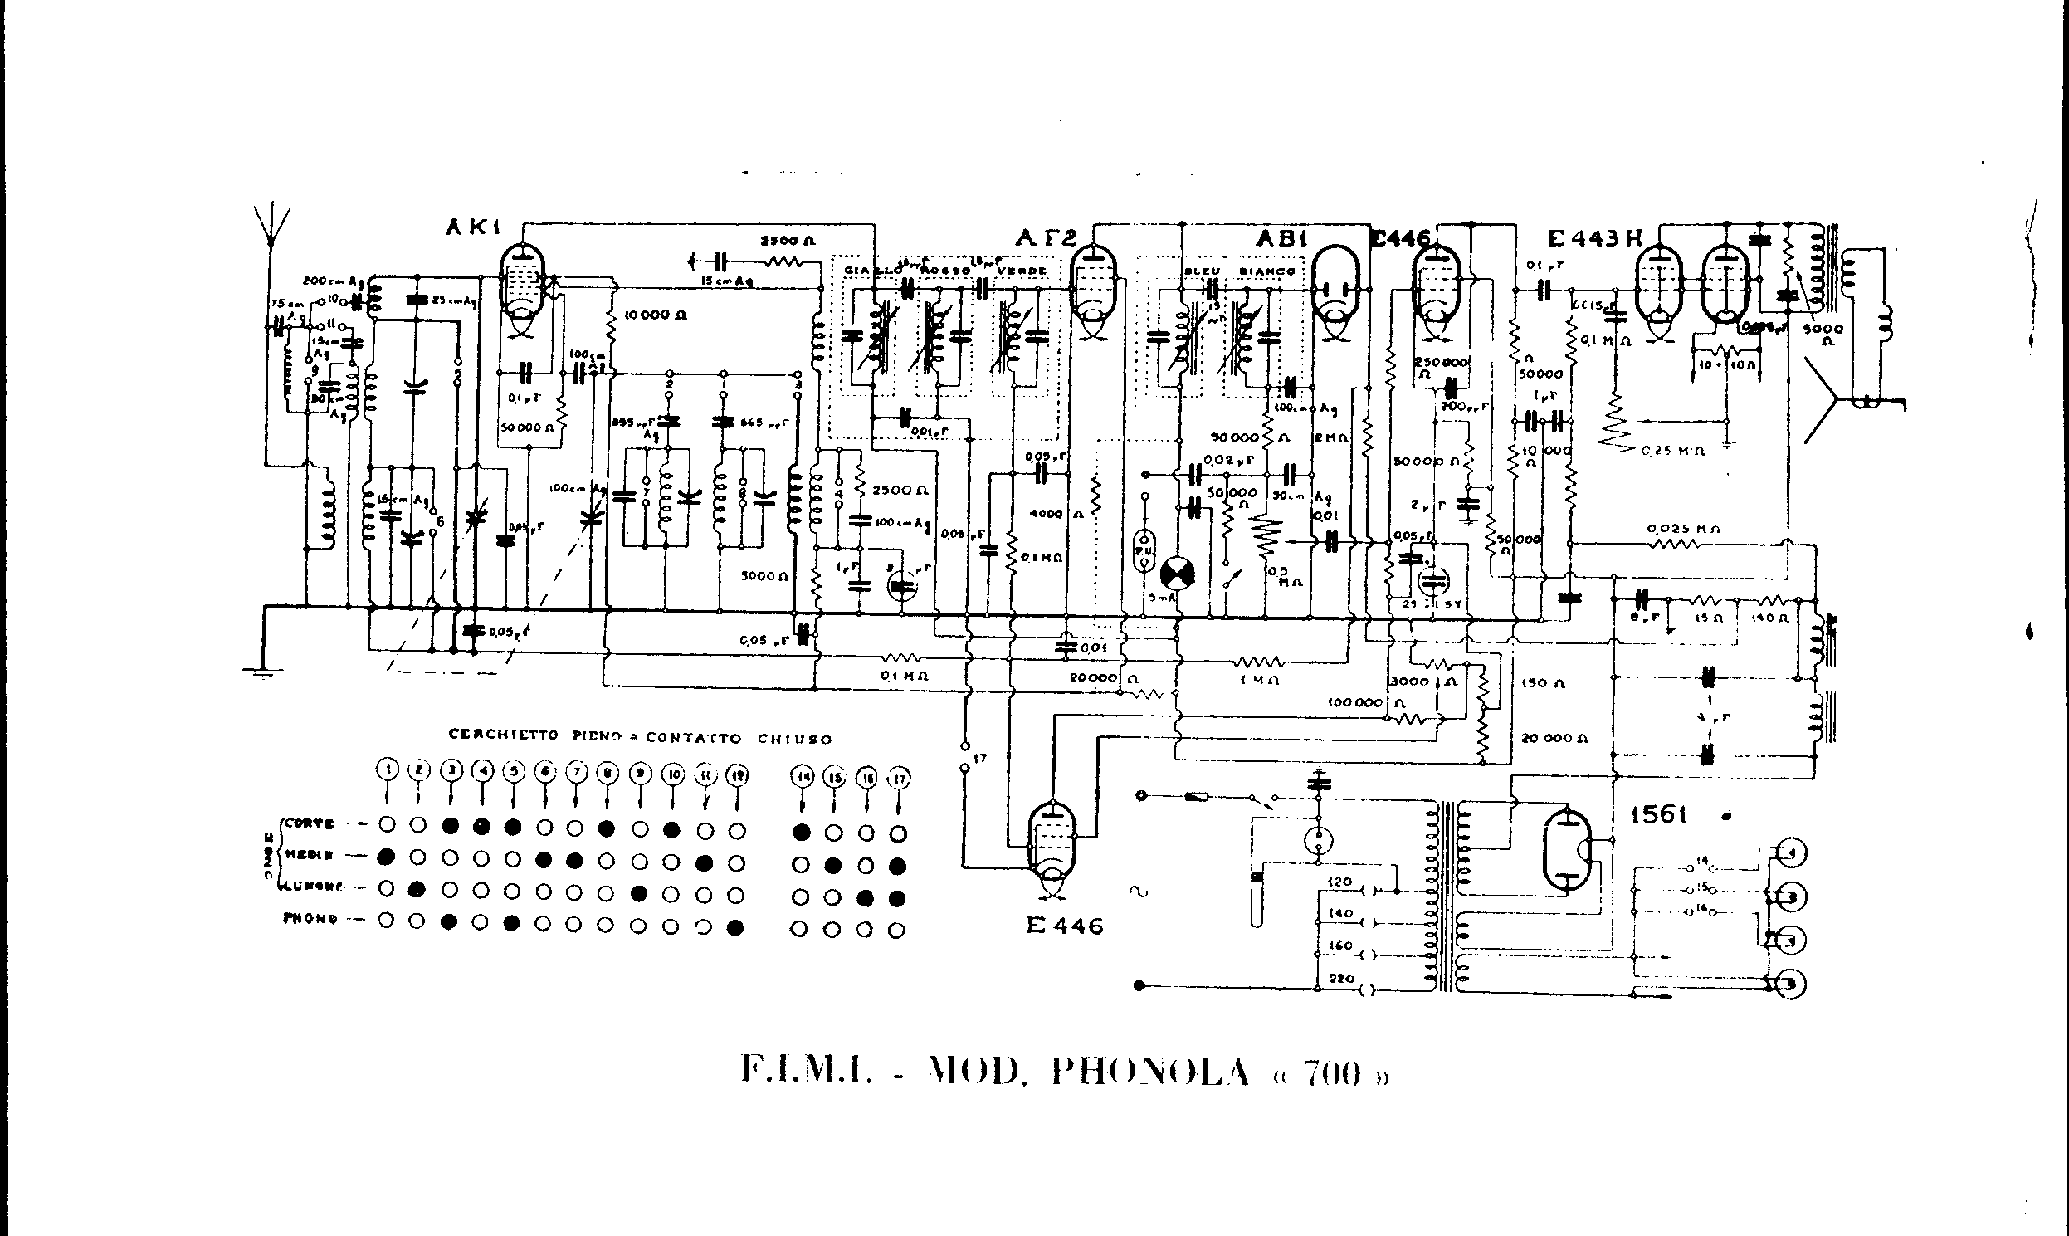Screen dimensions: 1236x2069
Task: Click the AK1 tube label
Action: pyautogui.click(x=472, y=227)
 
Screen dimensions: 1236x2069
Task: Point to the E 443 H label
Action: pyautogui.click(x=1593, y=239)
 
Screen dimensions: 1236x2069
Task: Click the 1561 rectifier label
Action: pyautogui.click(x=1657, y=813)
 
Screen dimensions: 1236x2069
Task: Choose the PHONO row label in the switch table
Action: pyautogui.click(x=310, y=919)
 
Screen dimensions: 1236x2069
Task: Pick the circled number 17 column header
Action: pyautogui.click(x=898, y=779)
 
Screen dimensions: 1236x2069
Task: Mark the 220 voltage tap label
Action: pyautogui.click(x=1341, y=979)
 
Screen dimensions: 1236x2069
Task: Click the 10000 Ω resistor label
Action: pyautogui.click(x=656, y=315)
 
